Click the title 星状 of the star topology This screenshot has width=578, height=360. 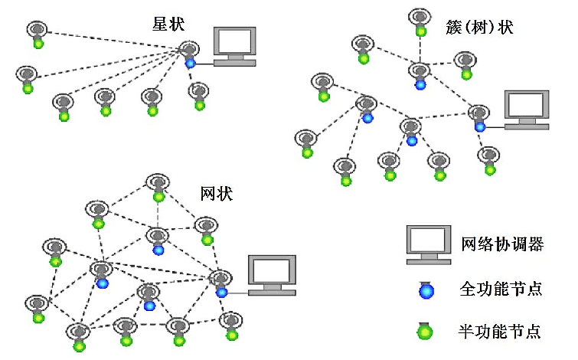[x=168, y=25]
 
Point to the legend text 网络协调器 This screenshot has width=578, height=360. [x=501, y=244]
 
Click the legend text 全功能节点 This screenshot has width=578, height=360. [x=501, y=289]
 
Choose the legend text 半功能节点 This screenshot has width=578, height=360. [x=501, y=332]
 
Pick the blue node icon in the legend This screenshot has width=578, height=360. [x=426, y=289]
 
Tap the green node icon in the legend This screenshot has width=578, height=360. [x=425, y=331]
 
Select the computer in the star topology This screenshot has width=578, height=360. [x=234, y=45]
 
